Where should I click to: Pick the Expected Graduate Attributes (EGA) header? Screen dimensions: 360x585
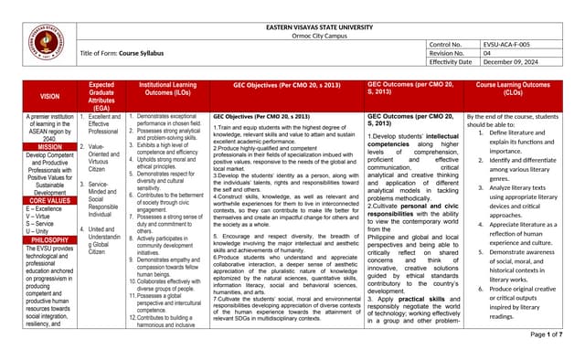[101, 95]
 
